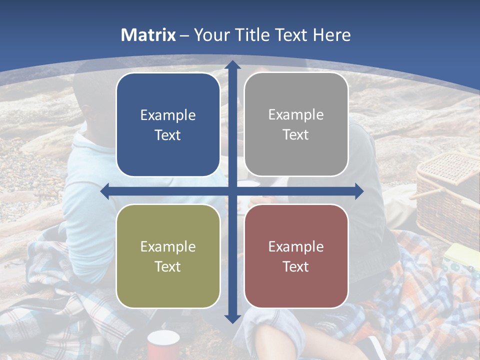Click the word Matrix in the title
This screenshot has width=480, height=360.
tap(148, 35)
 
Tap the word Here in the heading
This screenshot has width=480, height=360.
tap(331, 35)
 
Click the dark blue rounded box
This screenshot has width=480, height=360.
tap(168, 125)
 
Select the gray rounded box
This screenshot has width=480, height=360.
tap(296, 124)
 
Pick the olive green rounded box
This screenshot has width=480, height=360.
tap(168, 256)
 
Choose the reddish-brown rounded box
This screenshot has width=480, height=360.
tap(296, 256)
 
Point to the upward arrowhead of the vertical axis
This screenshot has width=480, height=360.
tap(232, 64)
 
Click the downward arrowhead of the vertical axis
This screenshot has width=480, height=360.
tap(232, 318)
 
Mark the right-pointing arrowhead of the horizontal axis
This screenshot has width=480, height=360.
tap(358, 191)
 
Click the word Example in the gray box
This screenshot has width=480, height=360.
tap(296, 115)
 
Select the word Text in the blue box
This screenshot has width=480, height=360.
tap(168, 135)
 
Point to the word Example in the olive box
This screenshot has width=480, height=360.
tap(168, 246)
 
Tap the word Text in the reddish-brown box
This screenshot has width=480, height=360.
tap(296, 267)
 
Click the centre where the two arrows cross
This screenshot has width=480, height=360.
tap(232, 191)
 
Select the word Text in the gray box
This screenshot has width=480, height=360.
tap(296, 135)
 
